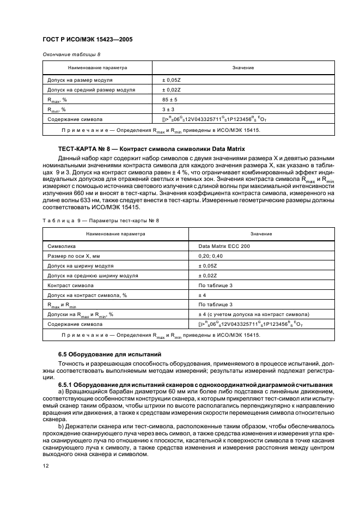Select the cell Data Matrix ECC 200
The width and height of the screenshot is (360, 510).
tap(222, 246)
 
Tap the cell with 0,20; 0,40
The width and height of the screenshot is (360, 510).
tap(211, 256)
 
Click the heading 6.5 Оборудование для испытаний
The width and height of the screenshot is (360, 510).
tap(107, 355)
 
